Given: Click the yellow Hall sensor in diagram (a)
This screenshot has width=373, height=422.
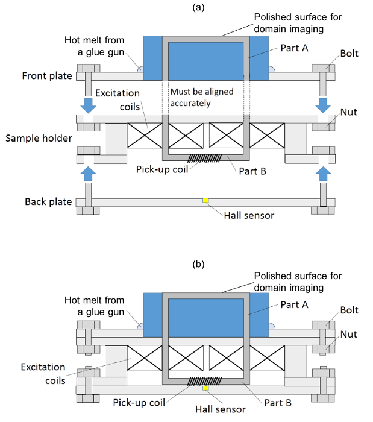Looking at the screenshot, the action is tap(205, 200).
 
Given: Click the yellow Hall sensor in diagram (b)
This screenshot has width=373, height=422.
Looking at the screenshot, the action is tap(205, 388).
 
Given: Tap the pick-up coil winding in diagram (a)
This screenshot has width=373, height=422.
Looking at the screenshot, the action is tap(205, 158).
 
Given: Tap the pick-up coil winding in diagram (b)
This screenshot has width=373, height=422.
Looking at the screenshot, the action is tap(205, 381).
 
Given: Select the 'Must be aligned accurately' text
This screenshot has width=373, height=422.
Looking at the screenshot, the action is tap(202, 98).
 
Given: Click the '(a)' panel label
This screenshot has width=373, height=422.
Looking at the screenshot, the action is tap(198, 7).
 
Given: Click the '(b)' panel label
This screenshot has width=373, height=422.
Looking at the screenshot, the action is tap(198, 264).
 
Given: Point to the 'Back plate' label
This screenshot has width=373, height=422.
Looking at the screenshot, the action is tap(48, 201).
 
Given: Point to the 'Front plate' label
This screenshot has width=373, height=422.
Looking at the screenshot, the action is tap(47, 76).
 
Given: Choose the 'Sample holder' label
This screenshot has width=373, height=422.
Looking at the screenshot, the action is tap(39, 138).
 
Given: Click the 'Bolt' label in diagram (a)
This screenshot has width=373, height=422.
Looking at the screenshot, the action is tap(349, 53).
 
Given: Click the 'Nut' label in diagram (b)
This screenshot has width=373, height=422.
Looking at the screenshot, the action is tap(349, 334).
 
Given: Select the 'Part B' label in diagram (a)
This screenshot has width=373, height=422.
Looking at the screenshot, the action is tap(252, 171).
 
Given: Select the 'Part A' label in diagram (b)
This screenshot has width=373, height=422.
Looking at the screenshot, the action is tap(295, 304).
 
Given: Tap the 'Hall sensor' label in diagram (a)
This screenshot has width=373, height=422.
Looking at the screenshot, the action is tap(249, 216).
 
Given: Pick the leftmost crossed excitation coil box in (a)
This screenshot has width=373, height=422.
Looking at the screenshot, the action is tap(145, 136).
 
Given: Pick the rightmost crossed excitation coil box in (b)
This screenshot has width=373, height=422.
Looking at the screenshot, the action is tap(267, 358).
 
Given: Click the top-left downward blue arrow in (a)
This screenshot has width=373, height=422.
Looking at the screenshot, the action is tap(88, 105).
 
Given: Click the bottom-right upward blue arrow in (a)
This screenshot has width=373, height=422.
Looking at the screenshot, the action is tap(323, 174).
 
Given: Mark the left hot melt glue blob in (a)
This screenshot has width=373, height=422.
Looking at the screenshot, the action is tap(140, 69).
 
